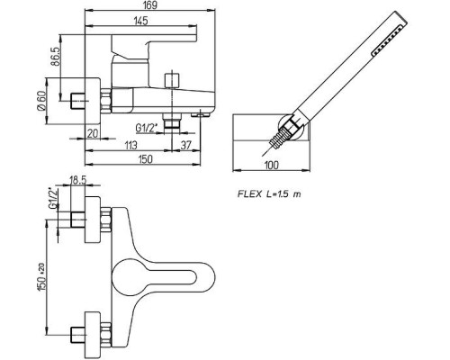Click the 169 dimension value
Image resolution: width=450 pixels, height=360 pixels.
tap(150, 5)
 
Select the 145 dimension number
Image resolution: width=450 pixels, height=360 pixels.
tap(141, 21)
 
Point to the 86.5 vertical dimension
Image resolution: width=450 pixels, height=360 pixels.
tap(54, 57)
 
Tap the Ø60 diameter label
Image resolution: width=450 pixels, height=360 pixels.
tap(41, 102)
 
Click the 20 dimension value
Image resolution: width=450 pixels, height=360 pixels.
tap(93, 133)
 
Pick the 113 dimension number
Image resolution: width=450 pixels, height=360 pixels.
tap(130, 145)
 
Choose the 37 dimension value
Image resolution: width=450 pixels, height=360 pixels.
tap(186, 145)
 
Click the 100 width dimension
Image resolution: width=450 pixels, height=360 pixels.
tap(272, 165)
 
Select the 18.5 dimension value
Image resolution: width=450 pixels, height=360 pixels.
tap(78, 180)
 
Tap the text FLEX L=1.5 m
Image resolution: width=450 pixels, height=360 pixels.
tap(269, 194)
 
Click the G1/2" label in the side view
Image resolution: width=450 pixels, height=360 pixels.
tap(147, 128)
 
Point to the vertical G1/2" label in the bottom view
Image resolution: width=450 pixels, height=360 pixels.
tap(52, 198)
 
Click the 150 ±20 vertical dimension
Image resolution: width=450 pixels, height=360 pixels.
tap(41, 276)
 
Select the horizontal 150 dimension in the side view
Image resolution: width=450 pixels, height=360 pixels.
tap(145, 159)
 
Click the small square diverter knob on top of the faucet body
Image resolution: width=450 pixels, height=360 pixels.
tap(172, 79)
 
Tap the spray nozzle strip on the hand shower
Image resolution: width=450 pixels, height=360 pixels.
tap(388, 40)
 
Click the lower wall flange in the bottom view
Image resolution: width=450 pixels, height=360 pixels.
tap(93, 332)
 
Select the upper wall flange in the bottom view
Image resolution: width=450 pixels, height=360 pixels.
tap(93, 220)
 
